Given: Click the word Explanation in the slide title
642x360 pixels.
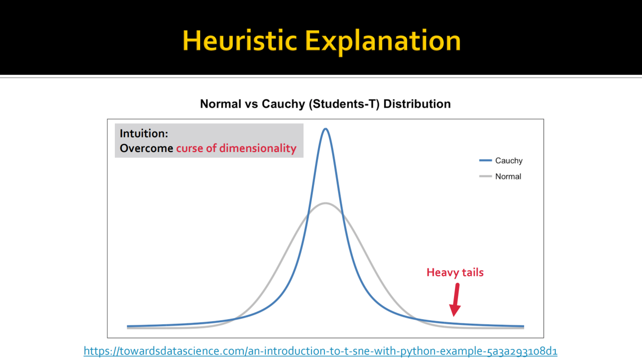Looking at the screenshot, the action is (383, 43).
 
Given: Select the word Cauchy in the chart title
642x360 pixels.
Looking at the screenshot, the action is (283, 104).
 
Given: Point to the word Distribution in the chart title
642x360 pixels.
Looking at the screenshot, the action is (417, 104).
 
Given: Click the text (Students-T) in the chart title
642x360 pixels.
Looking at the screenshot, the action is (344, 104).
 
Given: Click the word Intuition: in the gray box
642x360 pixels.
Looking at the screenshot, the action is (144, 133).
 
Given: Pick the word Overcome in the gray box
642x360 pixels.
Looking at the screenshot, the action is (146, 148).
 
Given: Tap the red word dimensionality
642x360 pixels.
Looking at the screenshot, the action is (258, 148).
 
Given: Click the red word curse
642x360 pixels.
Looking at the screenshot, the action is (190, 149).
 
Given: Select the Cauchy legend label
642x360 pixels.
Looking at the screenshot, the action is (509, 161).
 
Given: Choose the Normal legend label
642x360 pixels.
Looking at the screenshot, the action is (508, 176).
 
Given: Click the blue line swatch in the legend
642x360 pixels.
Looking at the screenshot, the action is (486, 160).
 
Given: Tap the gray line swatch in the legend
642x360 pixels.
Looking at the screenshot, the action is (486, 176).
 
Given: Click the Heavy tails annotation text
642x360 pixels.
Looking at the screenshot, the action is (455, 273).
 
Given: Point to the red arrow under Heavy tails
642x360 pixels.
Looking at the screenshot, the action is (455, 300).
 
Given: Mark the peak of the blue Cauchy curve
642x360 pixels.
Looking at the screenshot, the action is (326, 129).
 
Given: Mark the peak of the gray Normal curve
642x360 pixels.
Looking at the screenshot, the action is (326, 203).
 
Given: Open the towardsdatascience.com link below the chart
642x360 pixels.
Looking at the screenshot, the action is (320, 351).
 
